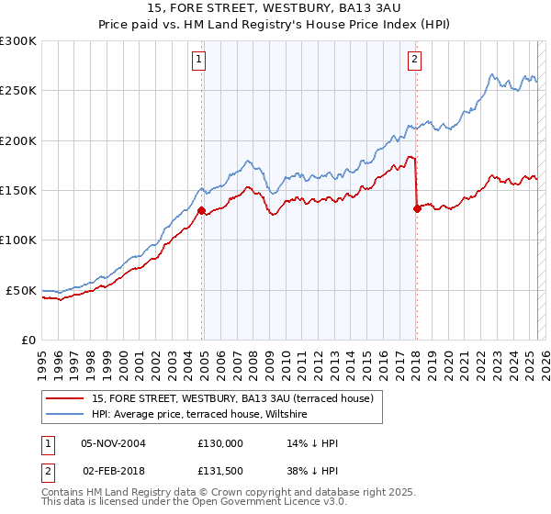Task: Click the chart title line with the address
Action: pyautogui.click(x=275, y=8)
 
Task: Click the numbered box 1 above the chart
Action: pyautogui.click(x=199, y=61)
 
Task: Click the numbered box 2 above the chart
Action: pyautogui.click(x=415, y=61)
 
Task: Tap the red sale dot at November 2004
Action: pyautogui.click(x=201, y=210)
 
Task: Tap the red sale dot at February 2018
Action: pyautogui.click(x=417, y=208)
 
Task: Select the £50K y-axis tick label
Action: pyautogui.click(x=21, y=290)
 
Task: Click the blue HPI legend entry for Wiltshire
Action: pyautogui.click(x=199, y=415)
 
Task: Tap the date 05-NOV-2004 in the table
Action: pyautogui.click(x=114, y=443)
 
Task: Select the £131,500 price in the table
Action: pyautogui.click(x=220, y=471)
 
